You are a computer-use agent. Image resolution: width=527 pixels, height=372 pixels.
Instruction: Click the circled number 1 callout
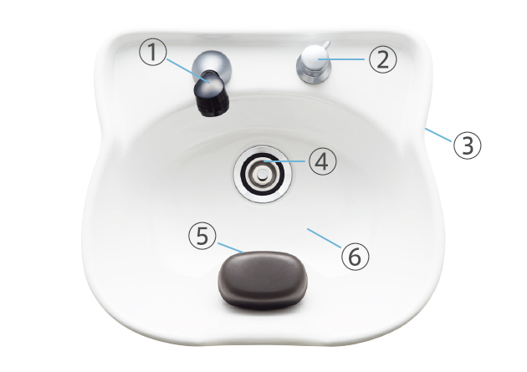click(x=153, y=52)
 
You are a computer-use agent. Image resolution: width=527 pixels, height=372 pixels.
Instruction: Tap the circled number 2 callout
click(x=383, y=59)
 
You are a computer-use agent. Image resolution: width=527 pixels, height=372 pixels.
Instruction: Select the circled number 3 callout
click(x=467, y=145)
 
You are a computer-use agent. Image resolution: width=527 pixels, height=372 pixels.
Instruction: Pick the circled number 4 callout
click(x=322, y=161)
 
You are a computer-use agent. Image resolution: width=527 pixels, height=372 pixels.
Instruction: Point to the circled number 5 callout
click(x=202, y=236)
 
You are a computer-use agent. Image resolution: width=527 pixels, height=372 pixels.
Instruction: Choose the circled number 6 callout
click(x=356, y=256)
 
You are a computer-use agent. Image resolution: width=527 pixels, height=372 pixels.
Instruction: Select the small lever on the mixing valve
click(x=327, y=45)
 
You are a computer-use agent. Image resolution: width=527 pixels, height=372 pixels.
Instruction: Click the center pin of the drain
click(x=263, y=174)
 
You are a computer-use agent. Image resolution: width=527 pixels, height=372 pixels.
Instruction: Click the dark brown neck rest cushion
click(x=263, y=280)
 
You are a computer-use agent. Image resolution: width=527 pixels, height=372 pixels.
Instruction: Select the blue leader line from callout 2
click(x=341, y=59)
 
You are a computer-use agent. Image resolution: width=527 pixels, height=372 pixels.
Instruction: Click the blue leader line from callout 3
click(x=438, y=135)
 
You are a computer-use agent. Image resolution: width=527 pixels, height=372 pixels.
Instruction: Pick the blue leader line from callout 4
click(x=284, y=161)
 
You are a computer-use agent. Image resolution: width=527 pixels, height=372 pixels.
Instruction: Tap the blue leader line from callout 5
click(x=231, y=247)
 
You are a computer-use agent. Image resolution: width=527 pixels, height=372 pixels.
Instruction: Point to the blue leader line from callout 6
click(x=324, y=238)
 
